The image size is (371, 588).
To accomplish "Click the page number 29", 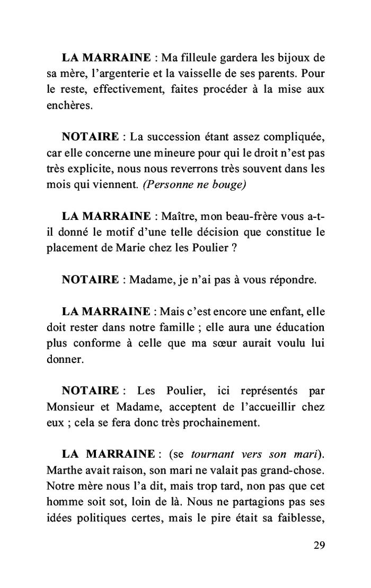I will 319,546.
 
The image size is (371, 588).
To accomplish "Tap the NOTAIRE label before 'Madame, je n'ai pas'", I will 90,280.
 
